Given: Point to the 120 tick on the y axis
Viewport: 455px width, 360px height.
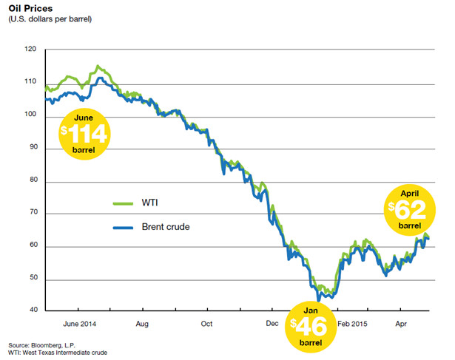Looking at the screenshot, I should tap(30, 50).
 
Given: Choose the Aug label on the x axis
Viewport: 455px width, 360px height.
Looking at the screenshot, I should tap(143, 324).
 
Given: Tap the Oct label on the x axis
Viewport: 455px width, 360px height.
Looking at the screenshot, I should tap(206, 324).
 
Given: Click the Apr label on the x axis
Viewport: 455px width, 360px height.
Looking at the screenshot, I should tap(402, 324).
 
